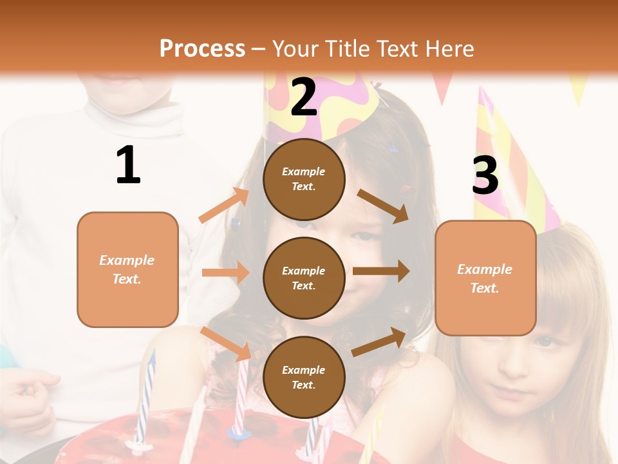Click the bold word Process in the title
(202, 48)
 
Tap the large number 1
(128, 165)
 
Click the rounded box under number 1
(127, 269)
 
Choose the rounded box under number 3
(485, 278)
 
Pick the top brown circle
(304, 179)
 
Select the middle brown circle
(304, 278)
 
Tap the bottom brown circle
(304, 377)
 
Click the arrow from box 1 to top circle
(224, 206)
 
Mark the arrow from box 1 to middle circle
(225, 273)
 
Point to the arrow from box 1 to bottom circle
(226, 343)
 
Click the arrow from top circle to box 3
(383, 206)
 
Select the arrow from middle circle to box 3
(380, 271)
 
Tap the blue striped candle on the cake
(144, 400)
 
